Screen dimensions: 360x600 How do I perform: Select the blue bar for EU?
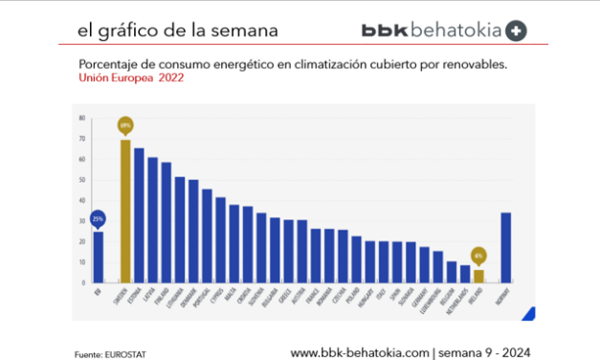click(x=99, y=257)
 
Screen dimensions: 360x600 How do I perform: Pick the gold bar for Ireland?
click(x=478, y=277)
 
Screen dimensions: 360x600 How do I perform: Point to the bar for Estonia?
click(x=139, y=215)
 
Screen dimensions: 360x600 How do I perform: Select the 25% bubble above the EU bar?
click(x=99, y=217)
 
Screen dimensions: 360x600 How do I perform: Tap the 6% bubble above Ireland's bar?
click(x=478, y=256)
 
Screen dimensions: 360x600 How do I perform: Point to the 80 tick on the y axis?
click(x=82, y=118)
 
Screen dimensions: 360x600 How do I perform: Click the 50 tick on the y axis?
click(x=82, y=180)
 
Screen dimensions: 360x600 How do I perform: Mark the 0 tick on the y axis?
click(x=83, y=283)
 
